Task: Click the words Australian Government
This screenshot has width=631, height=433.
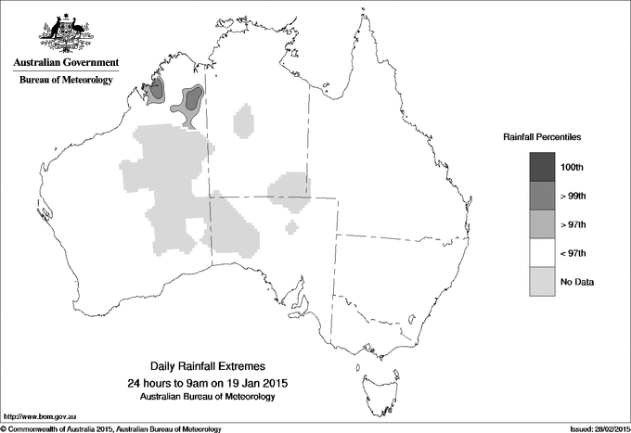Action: tap(65, 63)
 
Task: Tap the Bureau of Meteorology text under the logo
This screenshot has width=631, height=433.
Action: tap(65, 80)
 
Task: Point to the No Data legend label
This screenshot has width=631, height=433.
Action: tap(577, 281)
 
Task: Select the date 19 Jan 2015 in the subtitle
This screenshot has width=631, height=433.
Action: tap(250, 383)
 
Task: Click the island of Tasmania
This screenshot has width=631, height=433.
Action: tap(371, 377)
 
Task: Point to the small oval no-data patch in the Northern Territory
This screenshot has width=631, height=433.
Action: tap(245, 121)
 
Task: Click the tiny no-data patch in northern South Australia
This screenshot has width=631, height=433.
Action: tap(292, 226)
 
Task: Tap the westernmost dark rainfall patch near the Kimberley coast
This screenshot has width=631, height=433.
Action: tap(157, 90)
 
